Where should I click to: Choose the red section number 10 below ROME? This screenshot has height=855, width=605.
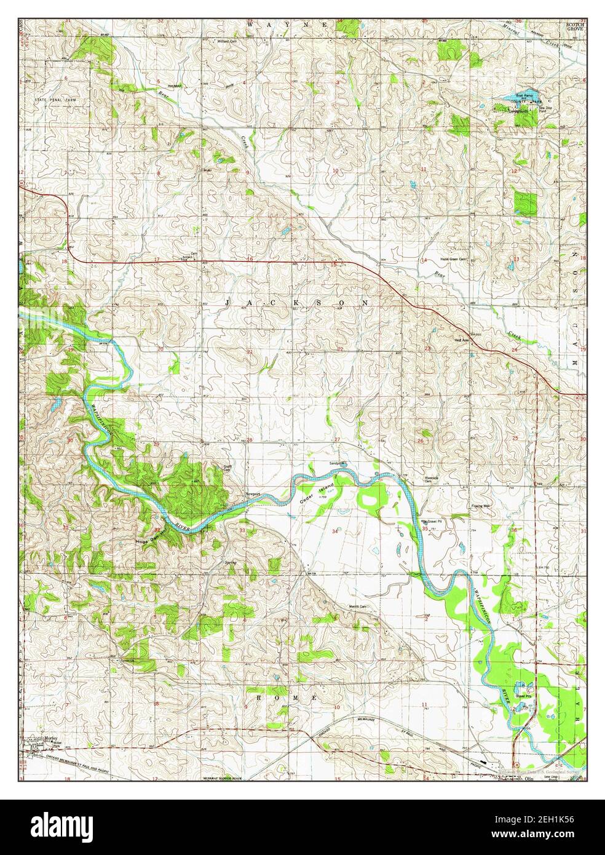click(x=336, y=707)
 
